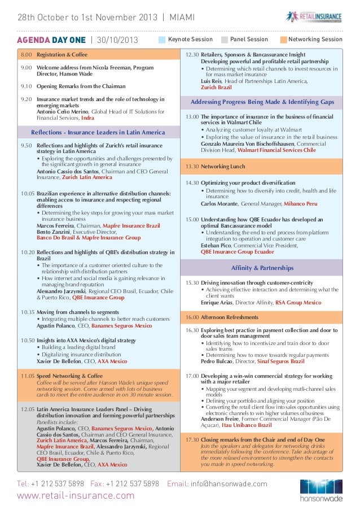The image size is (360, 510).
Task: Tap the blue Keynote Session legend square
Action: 163,40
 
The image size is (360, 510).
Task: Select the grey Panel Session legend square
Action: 225,40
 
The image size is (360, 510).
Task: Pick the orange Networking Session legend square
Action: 282,40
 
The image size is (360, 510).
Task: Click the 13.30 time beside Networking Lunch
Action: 192,167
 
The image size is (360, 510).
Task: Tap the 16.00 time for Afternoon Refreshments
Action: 192,317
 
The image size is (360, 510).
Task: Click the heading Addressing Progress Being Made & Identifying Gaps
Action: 262,102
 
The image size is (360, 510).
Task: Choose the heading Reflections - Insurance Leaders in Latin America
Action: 98,133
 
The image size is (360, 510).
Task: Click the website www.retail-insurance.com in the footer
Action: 76,496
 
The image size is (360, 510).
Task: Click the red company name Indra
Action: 87,119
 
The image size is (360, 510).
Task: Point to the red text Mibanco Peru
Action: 300,203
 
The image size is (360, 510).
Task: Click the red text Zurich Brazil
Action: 216,88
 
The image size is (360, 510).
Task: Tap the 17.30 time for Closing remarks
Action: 192,439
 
